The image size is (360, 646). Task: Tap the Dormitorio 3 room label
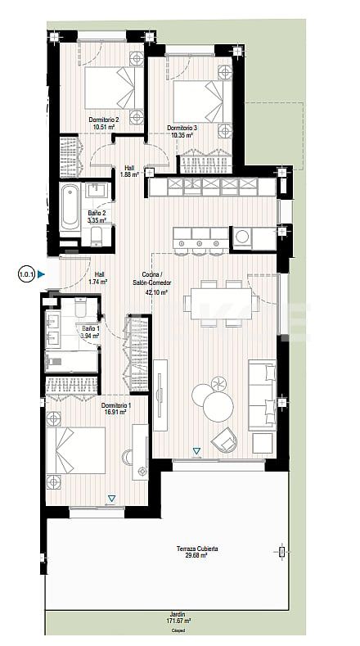pos(180,131)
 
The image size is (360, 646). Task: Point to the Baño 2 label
pos(97,217)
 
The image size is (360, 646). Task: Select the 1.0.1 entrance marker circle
pos(25,275)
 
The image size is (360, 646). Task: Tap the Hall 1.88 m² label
pos(130,170)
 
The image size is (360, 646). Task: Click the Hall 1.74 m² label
pos(99,278)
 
